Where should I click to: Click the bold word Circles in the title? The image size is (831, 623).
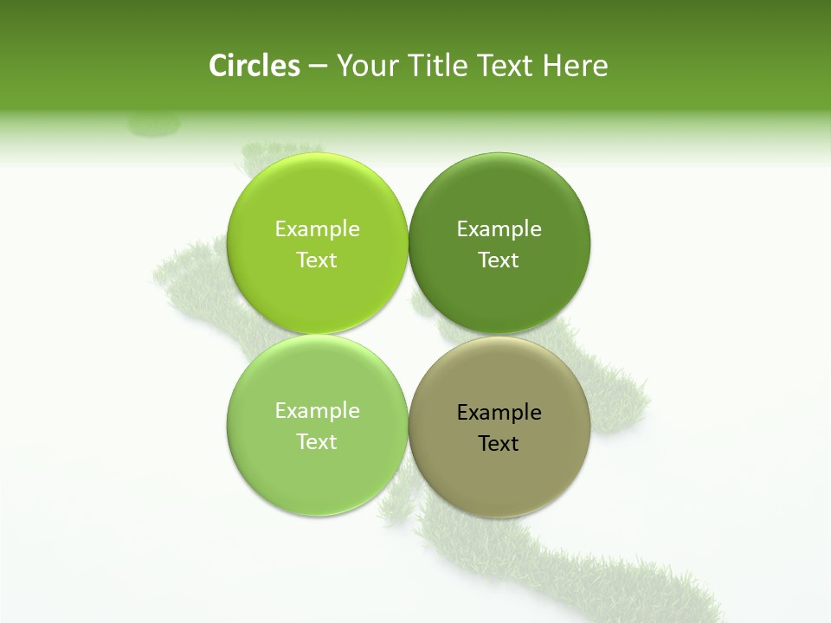(254, 66)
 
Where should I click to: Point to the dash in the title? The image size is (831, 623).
(318, 67)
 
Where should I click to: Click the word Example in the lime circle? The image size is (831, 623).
(317, 228)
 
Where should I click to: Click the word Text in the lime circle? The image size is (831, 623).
(317, 260)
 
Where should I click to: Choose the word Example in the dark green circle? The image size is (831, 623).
(499, 228)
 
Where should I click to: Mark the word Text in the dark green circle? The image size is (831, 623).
(499, 260)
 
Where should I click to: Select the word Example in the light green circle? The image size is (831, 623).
(317, 410)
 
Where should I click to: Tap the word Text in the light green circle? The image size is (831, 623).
(317, 441)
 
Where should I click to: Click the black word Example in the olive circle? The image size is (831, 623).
(499, 412)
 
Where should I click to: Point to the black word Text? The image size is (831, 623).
(499, 443)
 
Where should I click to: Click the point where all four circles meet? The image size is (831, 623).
(408, 335)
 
